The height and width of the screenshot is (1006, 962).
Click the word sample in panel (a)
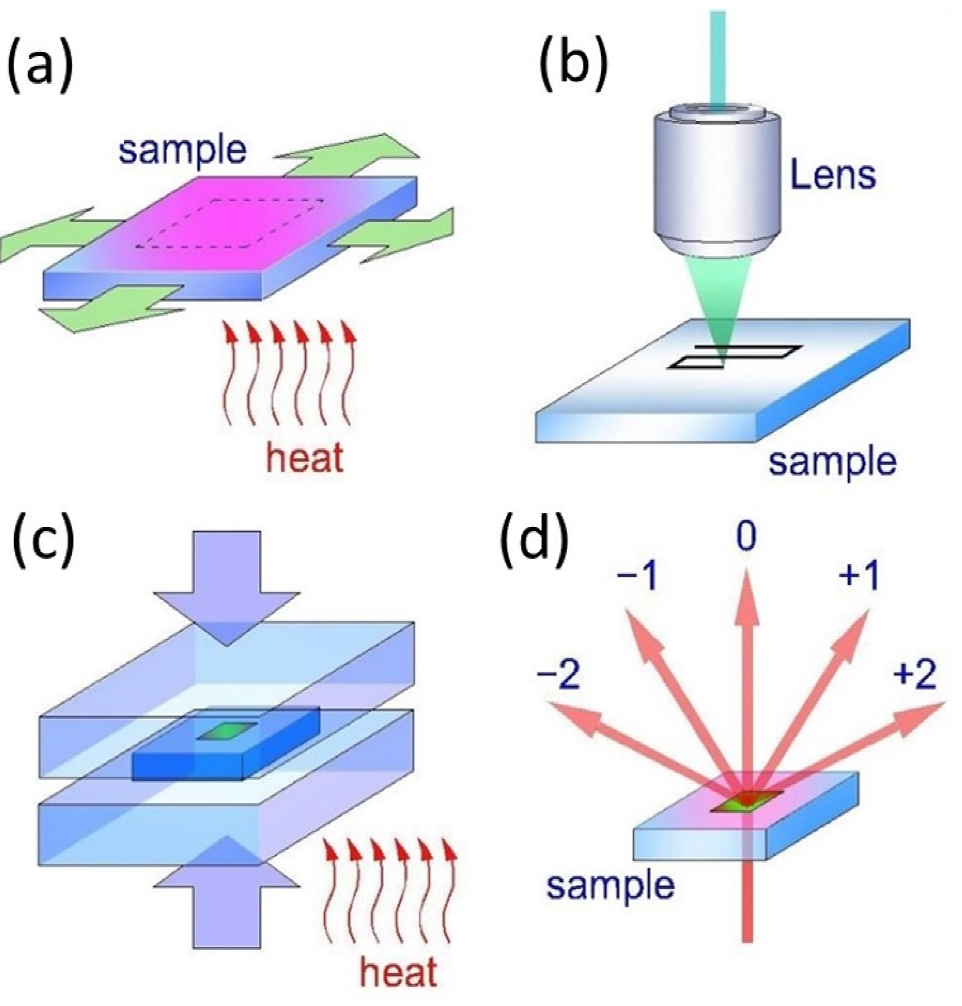click(x=182, y=151)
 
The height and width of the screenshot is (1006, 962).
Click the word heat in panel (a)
click(x=305, y=457)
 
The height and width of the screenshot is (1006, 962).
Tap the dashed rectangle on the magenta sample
click(x=230, y=224)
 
